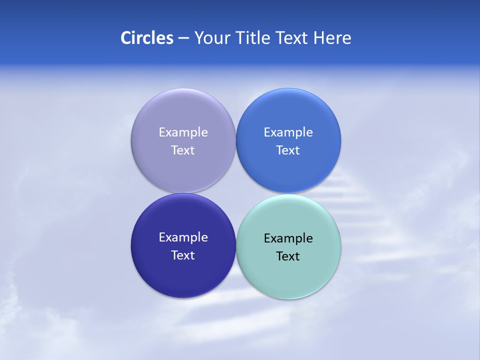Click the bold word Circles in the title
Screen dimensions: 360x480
click(x=146, y=38)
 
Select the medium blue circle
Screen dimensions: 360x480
click(x=288, y=112)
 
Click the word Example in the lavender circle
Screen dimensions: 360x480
click(x=183, y=132)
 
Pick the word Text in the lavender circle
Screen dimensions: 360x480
click(x=183, y=150)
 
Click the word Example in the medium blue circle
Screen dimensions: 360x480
click(x=288, y=132)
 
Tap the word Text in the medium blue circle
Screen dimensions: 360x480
click(x=288, y=150)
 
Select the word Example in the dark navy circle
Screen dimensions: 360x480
click(x=183, y=237)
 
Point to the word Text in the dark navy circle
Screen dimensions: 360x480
click(x=183, y=255)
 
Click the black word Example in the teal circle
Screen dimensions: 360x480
click(x=288, y=238)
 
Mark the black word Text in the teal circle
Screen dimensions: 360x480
click(x=288, y=256)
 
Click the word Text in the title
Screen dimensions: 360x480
click(x=293, y=38)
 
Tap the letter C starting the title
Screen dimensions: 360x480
click(x=126, y=38)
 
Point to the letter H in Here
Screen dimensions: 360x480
click(x=318, y=38)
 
